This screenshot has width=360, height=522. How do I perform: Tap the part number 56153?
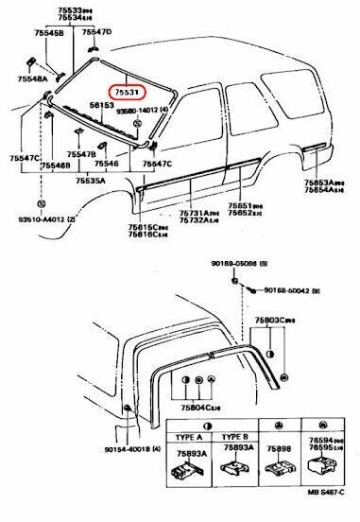129,107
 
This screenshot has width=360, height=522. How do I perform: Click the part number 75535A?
90,178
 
